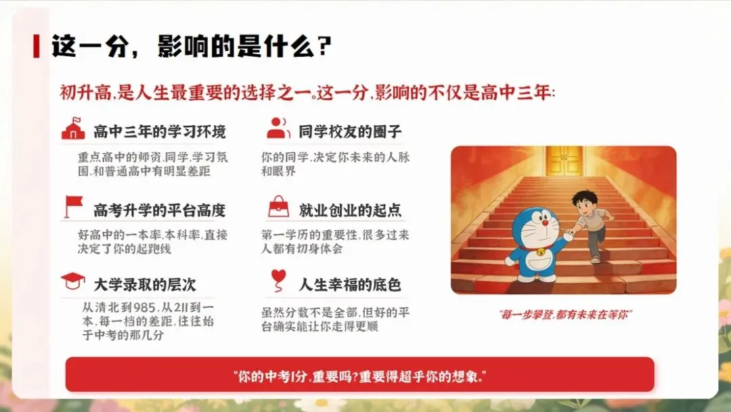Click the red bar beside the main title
coord(36,46)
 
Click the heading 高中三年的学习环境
coord(159,131)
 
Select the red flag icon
coord(72,206)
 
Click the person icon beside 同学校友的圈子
coord(278,128)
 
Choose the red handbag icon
coord(278,205)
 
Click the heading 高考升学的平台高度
coord(159,210)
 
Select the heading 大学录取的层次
coord(145,285)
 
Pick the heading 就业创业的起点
coord(350,210)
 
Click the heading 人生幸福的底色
coord(350,285)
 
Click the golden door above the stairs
coord(564,161)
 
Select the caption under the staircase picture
coord(564,314)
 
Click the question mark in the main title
coord(323,46)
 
